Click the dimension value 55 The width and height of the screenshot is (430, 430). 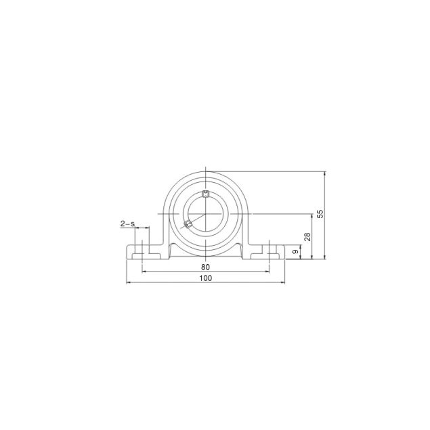coord(321,213)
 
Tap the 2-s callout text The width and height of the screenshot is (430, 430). coord(127,223)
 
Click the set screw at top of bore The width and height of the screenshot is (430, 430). coord(206,196)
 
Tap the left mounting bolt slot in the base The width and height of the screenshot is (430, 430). coord(142,250)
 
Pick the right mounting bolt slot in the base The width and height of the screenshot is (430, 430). coord(270,250)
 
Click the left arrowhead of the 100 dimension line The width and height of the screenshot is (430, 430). coord(129,282)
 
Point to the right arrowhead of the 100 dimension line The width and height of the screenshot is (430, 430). coord(283,282)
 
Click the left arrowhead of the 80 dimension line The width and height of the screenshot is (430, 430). coord(143,271)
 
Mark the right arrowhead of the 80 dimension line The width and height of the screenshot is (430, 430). coord(269,271)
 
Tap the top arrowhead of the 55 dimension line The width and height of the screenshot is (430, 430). coord(326,173)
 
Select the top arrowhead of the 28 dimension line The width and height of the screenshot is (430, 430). coord(312,215)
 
